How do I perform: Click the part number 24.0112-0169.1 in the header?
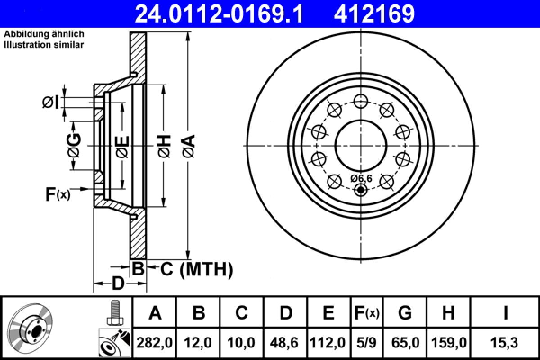tap(220, 13)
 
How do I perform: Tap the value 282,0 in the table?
tap(155, 343)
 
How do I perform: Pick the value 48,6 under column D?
tap(286, 343)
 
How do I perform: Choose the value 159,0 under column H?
tap(448, 343)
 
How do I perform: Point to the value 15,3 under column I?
tap(505, 343)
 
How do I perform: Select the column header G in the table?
tap(405, 312)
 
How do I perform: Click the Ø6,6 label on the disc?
tap(361, 179)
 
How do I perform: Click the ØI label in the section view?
tap(50, 103)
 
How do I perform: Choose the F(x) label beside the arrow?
tap(58, 194)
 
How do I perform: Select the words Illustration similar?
tap(44, 45)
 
